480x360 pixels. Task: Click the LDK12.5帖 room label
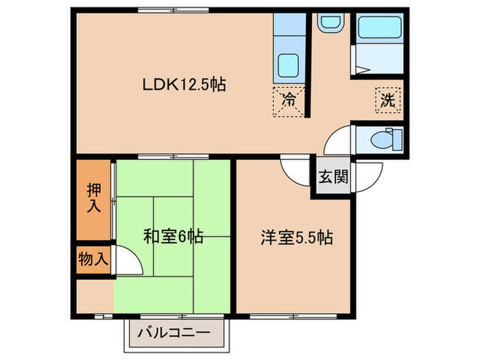[x=184, y=85]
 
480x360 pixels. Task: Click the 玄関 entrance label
[x=333, y=176]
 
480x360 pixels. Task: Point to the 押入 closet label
[x=93, y=197]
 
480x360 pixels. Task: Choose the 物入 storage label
[x=93, y=259]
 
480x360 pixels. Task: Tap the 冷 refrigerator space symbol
[x=289, y=99]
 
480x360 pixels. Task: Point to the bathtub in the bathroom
[x=380, y=30]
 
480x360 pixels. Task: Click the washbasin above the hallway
[x=328, y=23]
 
